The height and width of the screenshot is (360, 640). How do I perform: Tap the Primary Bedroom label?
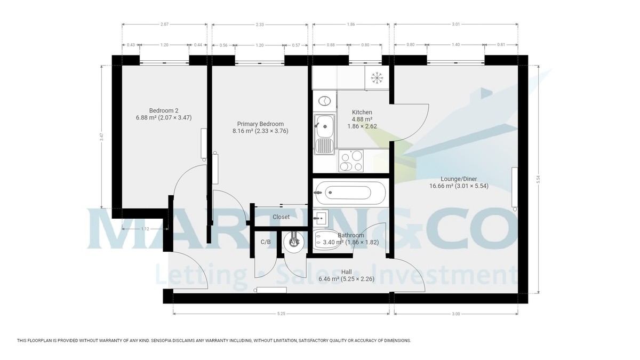click(260, 124)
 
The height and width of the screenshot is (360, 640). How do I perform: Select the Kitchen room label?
click(362, 113)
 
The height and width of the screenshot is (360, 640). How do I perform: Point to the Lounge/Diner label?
click(459, 179)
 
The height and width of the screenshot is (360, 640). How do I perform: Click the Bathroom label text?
click(350, 235)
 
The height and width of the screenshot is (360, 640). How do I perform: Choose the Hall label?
click(346, 271)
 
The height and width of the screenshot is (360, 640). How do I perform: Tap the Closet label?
click(281, 217)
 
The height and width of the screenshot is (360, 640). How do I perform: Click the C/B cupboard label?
click(266, 242)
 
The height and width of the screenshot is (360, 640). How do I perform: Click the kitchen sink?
click(324, 125)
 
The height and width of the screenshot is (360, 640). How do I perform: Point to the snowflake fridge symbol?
click(377, 78)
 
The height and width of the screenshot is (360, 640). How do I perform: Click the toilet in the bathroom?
click(326, 241)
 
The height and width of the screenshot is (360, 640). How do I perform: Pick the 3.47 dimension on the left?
click(101, 137)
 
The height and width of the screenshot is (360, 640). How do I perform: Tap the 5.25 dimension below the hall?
click(282, 314)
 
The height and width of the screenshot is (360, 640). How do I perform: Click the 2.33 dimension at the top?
click(259, 24)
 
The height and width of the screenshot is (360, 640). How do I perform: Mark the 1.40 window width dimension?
click(455, 45)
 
